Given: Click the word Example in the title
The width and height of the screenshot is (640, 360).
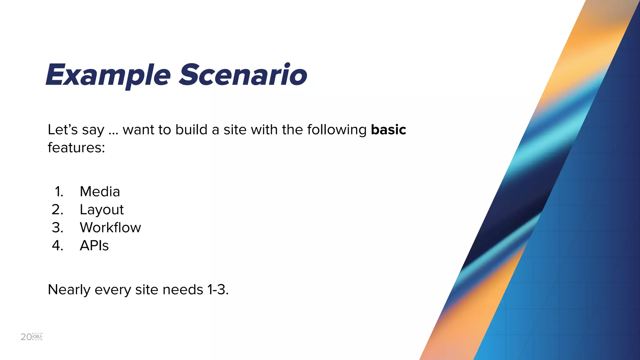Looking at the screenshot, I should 108,75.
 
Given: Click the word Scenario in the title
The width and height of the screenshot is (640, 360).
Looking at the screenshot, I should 243,75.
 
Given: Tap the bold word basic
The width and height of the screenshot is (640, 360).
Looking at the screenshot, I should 388,130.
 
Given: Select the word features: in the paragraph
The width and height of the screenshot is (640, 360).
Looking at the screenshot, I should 76,147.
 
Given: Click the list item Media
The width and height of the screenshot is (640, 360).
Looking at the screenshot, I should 100,192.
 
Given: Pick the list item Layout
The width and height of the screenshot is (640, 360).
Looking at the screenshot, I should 102,210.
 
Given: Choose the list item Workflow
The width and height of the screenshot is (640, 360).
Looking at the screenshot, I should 110,227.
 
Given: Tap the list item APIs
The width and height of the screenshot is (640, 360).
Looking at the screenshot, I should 94,246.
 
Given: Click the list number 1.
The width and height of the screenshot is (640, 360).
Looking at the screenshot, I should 59,192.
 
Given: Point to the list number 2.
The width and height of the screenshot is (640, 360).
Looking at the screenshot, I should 57,210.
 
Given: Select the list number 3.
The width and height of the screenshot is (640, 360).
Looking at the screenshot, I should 57,227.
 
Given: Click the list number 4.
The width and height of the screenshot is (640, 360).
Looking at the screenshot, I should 57,246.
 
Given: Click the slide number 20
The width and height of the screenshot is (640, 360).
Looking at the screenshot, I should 26,337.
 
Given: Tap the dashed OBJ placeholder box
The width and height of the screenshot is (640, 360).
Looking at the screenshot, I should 37,337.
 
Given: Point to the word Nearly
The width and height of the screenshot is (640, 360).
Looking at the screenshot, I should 69,290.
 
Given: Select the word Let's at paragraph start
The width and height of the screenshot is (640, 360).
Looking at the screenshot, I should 62,130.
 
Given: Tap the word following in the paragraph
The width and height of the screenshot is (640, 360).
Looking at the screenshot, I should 337,130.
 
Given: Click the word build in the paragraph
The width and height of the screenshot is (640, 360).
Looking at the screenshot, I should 191,130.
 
